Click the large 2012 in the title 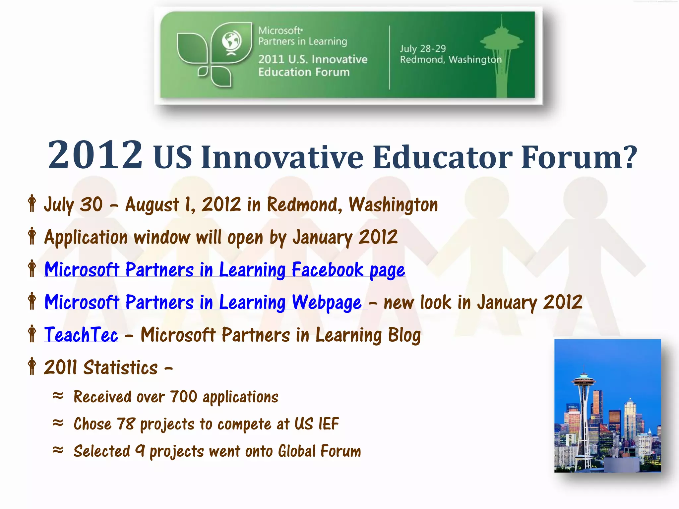click(x=95, y=154)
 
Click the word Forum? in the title click(x=579, y=157)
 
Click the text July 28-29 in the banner click(x=422, y=49)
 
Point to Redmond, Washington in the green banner click(x=451, y=60)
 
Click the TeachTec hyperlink click(x=81, y=335)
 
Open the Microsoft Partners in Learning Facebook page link click(x=224, y=269)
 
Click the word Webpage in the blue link click(x=327, y=302)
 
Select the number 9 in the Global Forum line click(x=140, y=451)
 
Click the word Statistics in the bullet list click(x=120, y=368)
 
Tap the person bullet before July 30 click(x=32, y=203)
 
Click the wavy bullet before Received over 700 click(x=58, y=396)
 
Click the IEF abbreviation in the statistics click(x=329, y=424)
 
